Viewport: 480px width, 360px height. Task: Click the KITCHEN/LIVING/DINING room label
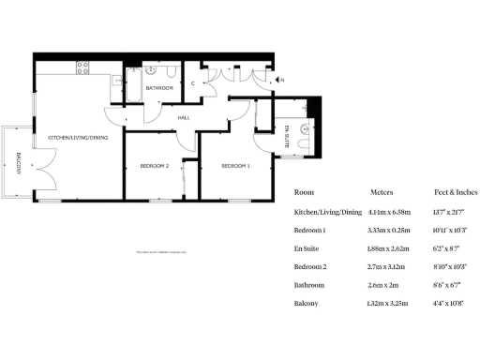pyautogui.click(x=79, y=138)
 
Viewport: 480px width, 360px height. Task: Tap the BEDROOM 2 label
pyautogui.click(x=154, y=166)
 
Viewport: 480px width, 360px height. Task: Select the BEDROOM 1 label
pyautogui.click(x=235, y=166)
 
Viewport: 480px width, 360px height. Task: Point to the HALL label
pyautogui.click(x=184, y=117)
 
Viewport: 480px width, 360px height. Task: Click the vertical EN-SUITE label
pyautogui.click(x=286, y=138)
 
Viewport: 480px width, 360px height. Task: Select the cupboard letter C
pyautogui.click(x=192, y=83)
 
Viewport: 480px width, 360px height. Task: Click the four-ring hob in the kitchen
pyautogui.click(x=82, y=67)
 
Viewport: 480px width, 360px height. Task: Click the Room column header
pyautogui.click(x=304, y=191)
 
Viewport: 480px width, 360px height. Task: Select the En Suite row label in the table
pyautogui.click(x=308, y=247)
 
